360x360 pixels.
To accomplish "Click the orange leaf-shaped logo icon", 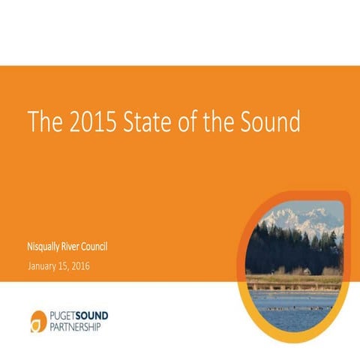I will click(x=39, y=320).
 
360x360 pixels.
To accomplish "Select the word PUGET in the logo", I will click(x=67, y=316).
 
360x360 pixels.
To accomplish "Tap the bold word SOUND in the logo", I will click(x=101, y=316).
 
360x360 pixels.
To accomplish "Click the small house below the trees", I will click(x=305, y=270).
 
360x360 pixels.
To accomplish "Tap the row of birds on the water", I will click(x=292, y=307).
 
